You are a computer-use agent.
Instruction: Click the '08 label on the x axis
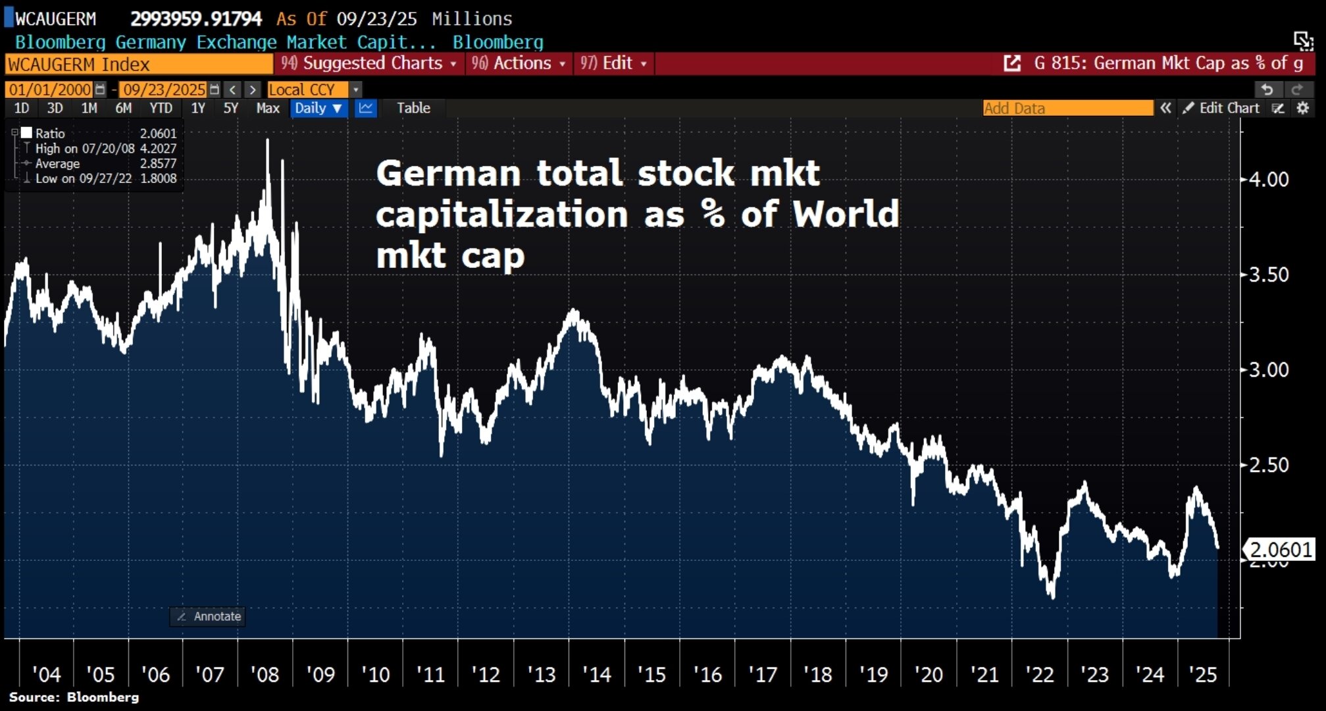tap(265, 675)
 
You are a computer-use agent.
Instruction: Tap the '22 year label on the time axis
tap(1040, 675)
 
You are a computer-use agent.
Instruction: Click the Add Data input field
tap(1067, 108)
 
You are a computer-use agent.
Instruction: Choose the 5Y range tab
tap(230, 108)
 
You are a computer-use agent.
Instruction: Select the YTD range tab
tap(161, 108)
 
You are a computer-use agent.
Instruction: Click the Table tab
tap(413, 108)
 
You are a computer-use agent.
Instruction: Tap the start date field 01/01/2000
tap(50, 90)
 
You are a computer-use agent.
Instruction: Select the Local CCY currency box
tap(302, 90)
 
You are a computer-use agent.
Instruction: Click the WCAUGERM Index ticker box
tap(138, 65)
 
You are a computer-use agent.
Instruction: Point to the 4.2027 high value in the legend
tap(159, 149)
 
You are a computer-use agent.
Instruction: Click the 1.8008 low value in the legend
tap(159, 178)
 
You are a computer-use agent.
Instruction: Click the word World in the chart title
tap(846, 214)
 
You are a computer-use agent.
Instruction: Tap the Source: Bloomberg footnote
tap(74, 697)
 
